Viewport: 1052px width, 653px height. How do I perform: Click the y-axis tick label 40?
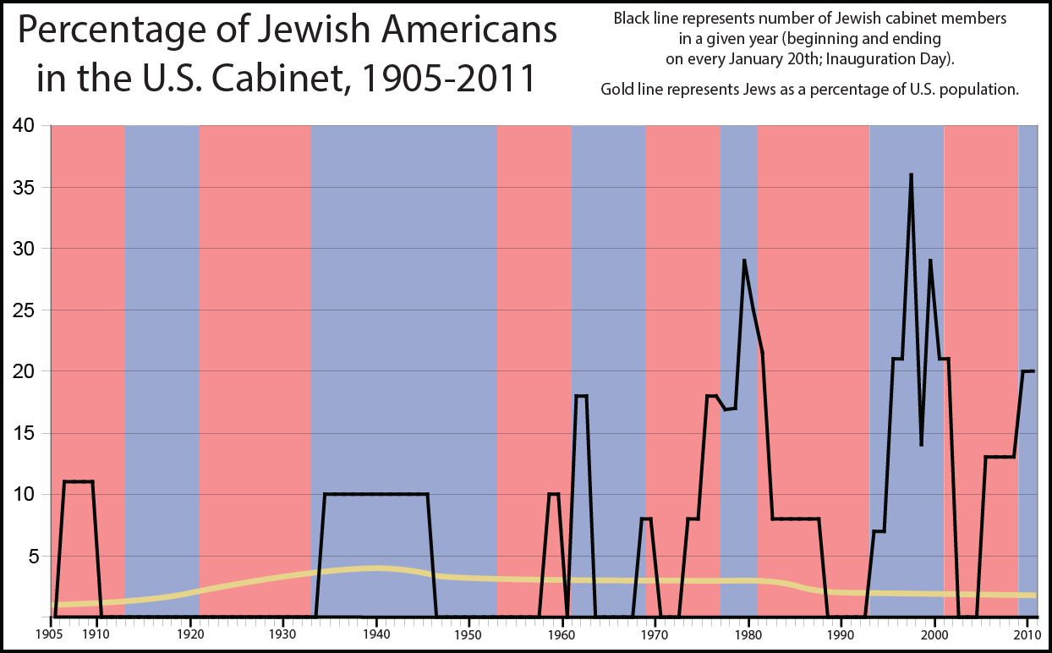click(x=23, y=125)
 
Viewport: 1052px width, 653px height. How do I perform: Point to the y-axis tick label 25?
click(x=23, y=310)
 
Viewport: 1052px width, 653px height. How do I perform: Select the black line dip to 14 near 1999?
click(x=921, y=444)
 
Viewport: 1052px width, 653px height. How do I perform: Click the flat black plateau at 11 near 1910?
click(x=79, y=481)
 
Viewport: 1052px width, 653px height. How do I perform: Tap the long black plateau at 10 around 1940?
click(x=375, y=494)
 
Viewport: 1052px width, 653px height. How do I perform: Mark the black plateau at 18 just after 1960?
click(x=581, y=396)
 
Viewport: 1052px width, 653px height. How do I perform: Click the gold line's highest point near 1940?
click(x=375, y=568)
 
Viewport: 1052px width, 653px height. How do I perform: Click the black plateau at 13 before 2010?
click(x=1000, y=457)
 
